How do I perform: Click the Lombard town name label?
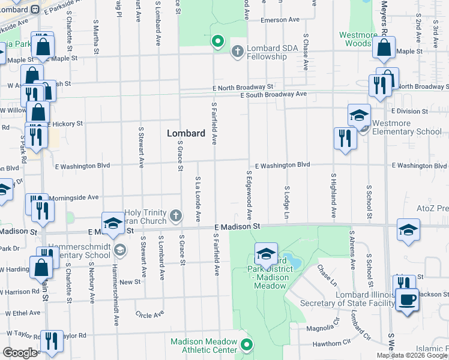click(186, 133)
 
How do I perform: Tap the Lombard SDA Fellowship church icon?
click(237, 52)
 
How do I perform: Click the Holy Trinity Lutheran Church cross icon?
click(176, 215)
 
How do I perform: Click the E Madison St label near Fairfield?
click(238, 227)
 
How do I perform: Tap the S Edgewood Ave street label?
click(249, 194)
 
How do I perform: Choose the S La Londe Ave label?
click(197, 199)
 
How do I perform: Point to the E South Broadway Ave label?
click(273, 95)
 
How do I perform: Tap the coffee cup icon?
click(407, 299)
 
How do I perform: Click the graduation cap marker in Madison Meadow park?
click(266, 254)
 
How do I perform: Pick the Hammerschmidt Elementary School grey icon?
click(120, 249)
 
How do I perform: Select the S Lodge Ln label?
click(287, 202)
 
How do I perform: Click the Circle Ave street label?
click(149, 314)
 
